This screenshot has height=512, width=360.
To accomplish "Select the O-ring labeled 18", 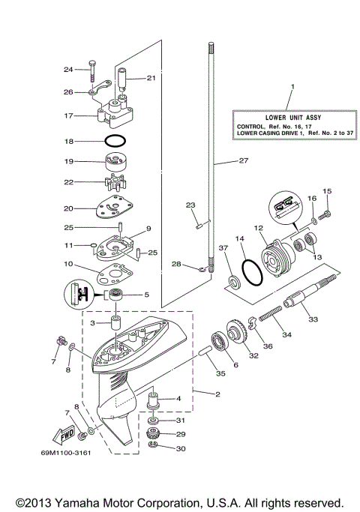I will [x=115, y=141].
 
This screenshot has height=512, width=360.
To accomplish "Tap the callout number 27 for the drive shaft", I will [x=242, y=160].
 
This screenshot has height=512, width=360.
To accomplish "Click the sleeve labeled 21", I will [x=124, y=79].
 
